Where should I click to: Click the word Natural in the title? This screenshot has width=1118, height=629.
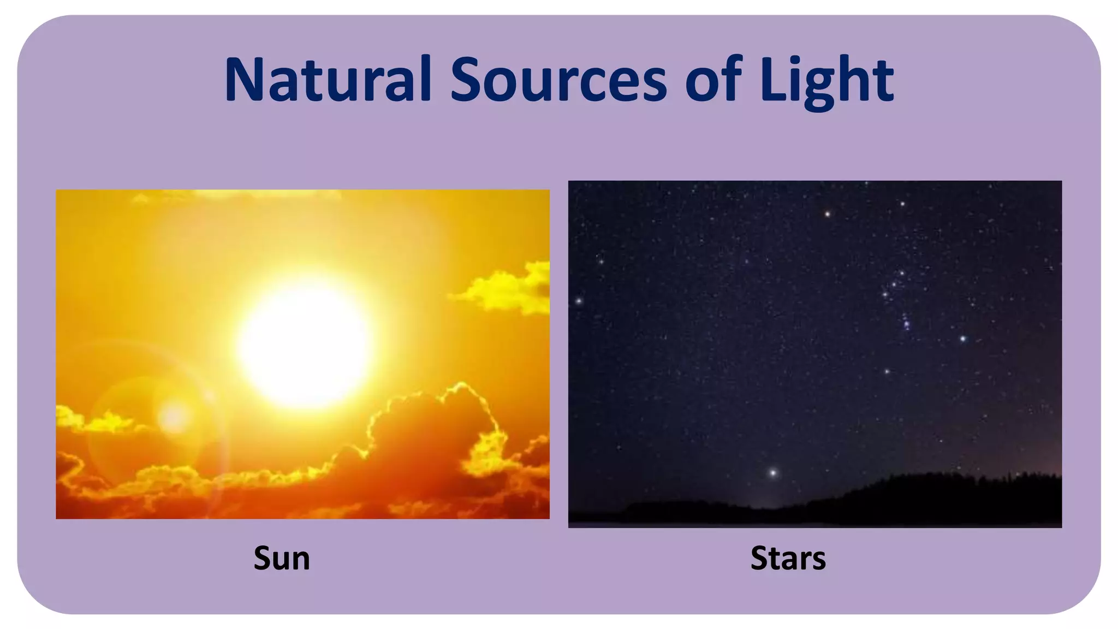[x=328, y=79]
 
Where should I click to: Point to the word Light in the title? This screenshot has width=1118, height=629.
[x=826, y=79]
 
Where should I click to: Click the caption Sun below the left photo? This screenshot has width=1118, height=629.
[x=282, y=558]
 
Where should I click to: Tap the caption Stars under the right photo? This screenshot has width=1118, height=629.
[x=788, y=558]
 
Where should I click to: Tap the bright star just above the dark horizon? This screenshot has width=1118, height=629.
[x=772, y=472]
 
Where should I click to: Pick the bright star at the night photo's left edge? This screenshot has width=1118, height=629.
[x=579, y=301]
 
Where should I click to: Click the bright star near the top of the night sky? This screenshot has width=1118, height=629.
[x=828, y=214]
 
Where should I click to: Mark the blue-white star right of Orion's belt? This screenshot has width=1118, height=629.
[x=963, y=339]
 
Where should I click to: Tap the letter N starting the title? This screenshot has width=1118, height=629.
[x=243, y=79]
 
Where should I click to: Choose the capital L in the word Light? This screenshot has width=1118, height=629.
[x=772, y=79]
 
